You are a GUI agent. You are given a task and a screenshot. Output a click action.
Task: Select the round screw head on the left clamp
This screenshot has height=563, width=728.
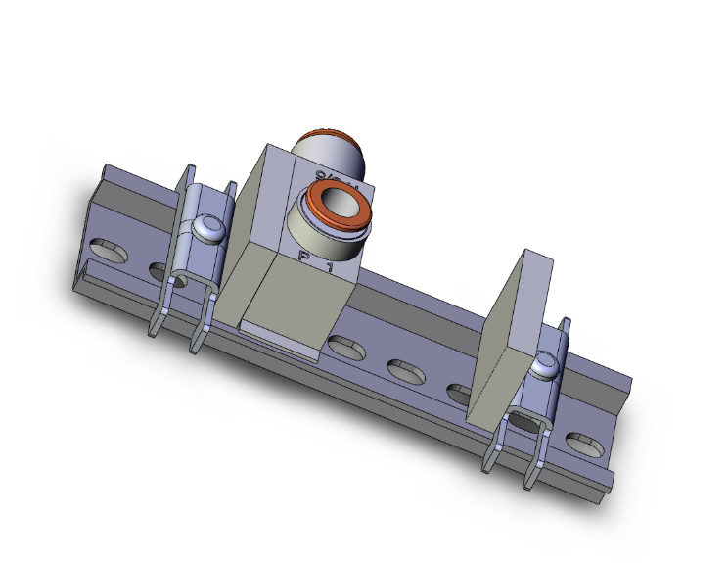click(208, 227)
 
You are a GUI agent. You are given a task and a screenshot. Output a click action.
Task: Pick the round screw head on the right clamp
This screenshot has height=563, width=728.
click(544, 367)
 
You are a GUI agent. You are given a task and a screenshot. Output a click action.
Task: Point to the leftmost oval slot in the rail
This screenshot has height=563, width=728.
click(107, 250)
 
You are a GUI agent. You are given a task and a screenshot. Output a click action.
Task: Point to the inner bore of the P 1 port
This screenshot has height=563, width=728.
click(339, 204)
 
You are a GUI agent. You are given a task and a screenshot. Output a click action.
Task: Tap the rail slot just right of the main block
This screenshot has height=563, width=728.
click(342, 346)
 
